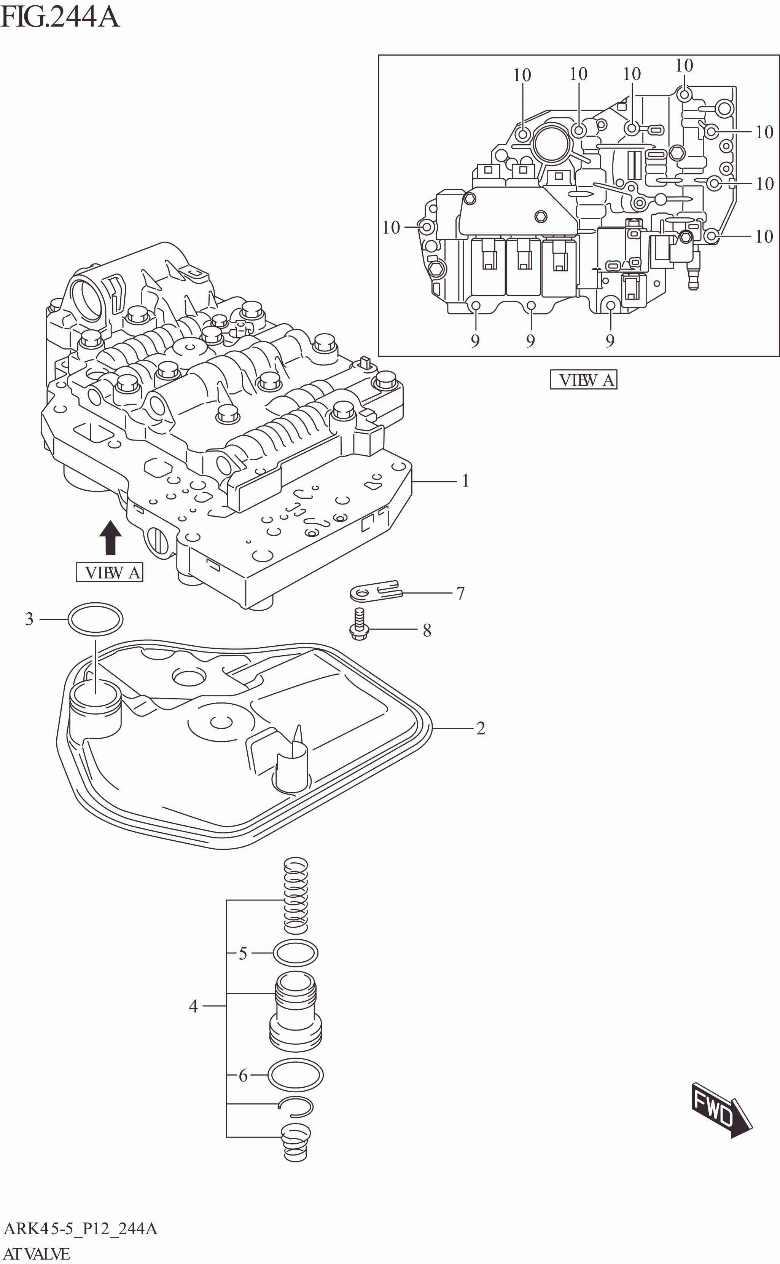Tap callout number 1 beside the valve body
465,481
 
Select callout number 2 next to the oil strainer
480,728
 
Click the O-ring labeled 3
96,618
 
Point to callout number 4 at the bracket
193,1005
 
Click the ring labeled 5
295,953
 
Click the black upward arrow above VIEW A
110,538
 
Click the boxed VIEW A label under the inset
583,380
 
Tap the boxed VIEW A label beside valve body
109,572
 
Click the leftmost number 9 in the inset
475,341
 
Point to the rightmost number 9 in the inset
610,341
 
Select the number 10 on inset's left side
391,227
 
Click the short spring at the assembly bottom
294,1142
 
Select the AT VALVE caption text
37,1254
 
